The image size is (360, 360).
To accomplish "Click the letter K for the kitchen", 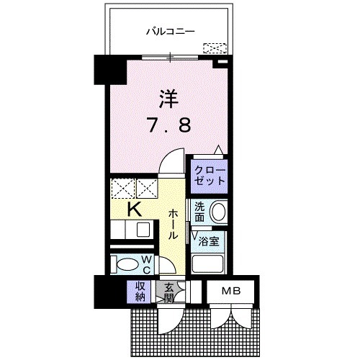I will coord(133,210).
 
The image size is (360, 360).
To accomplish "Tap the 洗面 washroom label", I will coord(200,211).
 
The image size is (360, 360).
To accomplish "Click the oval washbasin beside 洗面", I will coord(220,212).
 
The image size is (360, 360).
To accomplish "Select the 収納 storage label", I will coord(138,290).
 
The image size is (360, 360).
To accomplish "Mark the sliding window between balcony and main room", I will coord(170,57).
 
